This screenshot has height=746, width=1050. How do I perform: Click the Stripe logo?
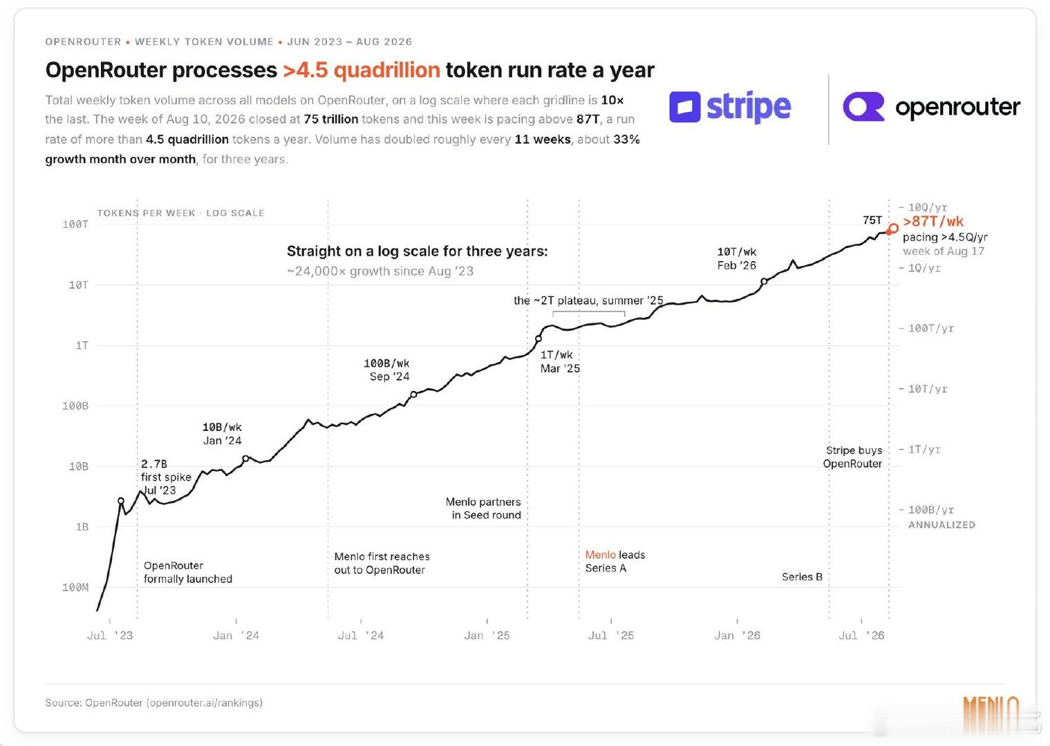[730, 107]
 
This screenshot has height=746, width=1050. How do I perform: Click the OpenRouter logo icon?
[863, 107]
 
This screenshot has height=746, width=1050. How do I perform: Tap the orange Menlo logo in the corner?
[991, 714]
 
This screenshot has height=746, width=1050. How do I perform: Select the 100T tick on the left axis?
[75, 224]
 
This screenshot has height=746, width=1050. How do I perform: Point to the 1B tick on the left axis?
[82, 527]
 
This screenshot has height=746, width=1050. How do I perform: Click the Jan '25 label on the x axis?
[487, 635]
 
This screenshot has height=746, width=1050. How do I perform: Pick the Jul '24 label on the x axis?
[360, 635]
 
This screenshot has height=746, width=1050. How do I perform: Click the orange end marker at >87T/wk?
[894, 229]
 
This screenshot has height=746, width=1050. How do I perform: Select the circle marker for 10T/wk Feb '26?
[764, 281]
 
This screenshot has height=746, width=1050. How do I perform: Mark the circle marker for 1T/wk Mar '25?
[538, 338]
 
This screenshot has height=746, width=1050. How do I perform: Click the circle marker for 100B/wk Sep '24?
[414, 395]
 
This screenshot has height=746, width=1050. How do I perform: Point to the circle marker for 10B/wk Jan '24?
[245, 459]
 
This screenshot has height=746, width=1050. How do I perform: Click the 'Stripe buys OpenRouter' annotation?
[853, 457]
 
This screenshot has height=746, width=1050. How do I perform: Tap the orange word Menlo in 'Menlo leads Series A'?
[601, 555]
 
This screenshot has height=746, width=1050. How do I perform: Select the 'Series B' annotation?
[802, 577]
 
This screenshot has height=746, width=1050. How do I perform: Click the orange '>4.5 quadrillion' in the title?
[362, 70]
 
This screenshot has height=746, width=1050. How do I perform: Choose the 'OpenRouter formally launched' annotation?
[187, 572]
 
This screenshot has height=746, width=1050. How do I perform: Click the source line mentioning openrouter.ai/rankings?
[153, 703]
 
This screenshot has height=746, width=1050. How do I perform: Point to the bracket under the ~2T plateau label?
[589, 312]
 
